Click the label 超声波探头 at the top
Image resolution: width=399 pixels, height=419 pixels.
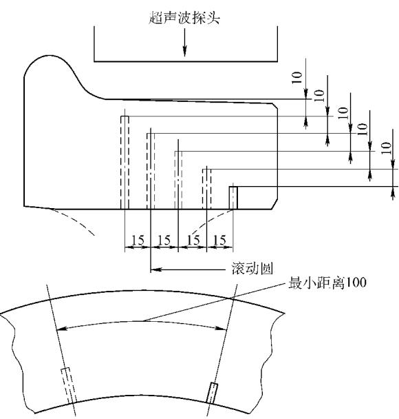pos(184,18)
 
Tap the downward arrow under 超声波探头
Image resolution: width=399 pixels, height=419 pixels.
pos(184,42)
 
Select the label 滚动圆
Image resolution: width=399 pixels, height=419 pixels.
pos(252,268)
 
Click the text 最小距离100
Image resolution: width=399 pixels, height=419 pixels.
pos(327,283)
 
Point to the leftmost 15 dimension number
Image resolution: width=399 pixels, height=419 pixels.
pos(138,240)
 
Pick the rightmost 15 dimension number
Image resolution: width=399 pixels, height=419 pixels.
pos(219,240)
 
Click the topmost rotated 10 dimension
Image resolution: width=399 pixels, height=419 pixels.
pos(297,77)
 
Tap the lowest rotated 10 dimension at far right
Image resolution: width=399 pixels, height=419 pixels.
pos(387,147)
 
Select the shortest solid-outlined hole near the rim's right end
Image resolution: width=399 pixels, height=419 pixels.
pos(233,198)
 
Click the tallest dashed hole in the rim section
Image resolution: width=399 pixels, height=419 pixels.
pos(125,163)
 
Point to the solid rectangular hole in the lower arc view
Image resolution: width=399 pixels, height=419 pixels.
pos(213,393)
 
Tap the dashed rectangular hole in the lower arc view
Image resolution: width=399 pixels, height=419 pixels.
pos(69,385)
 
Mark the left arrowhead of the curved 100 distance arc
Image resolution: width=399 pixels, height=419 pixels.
pos(62,329)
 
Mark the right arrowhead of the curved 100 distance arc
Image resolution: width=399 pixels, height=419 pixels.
pos(222,329)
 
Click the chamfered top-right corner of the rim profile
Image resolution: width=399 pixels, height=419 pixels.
pos(275,106)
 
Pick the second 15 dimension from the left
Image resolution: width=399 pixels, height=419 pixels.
pos(164,240)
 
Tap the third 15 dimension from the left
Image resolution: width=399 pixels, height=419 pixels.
pos(193,240)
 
